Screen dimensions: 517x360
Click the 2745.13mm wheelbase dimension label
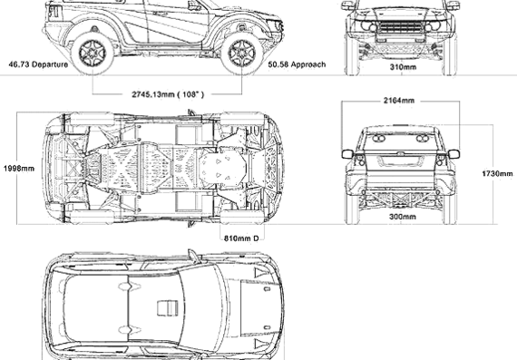click(x=168, y=94)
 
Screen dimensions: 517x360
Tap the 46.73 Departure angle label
click(x=38, y=64)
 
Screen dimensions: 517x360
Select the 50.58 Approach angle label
click(x=297, y=64)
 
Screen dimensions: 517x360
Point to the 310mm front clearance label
click(x=403, y=67)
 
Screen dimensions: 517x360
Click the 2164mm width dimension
click(x=398, y=101)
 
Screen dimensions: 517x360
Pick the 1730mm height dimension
click(x=497, y=173)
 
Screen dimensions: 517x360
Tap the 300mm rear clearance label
click(x=403, y=217)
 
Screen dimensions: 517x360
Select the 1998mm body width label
click(x=19, y=169)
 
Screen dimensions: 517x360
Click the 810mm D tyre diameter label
click(x=241, y=238)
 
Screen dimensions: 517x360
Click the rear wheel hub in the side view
click(x=93, y=53)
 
